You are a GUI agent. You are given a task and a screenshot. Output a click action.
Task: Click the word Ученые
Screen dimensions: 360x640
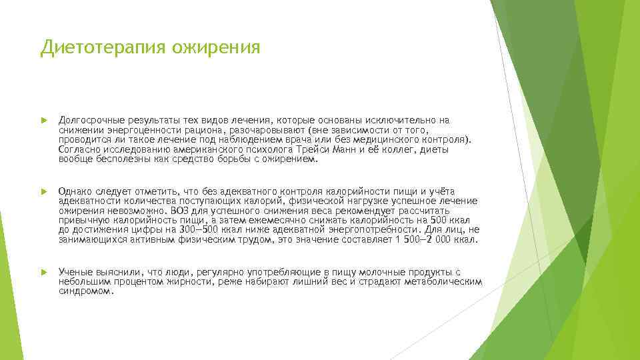click(75, 272)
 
